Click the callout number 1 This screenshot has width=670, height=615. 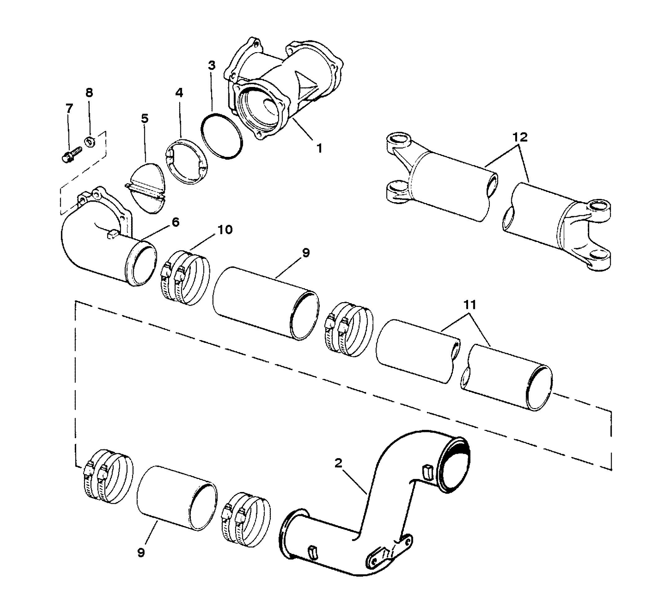click(x=319, y=148)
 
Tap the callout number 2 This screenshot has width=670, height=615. click(x=338, y=463)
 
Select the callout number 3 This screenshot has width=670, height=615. click(x=212, y=66)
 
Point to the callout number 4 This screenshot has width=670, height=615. click(x=179, y=93)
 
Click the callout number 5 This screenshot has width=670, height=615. click(x=145, y=118)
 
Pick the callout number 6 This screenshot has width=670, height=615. click(x=175, y=222)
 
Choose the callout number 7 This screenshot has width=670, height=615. click(x=69, y=108)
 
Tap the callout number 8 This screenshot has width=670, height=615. click(x=89, y=93)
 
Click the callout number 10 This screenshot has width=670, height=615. click(x=225, y=230)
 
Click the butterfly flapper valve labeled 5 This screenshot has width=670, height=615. click(x=146, y=188)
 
